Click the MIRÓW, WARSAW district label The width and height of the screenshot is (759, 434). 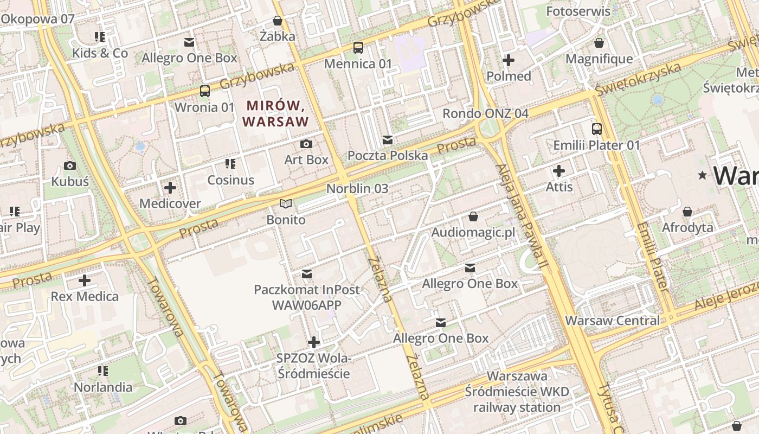[276, 113]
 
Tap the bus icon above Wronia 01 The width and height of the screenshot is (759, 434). [204, 91]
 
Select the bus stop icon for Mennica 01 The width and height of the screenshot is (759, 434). [358, 48]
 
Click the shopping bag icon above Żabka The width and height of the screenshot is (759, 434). [278, 21]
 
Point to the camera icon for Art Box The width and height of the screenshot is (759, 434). [306, 144]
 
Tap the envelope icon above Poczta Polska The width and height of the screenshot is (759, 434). [387, 140]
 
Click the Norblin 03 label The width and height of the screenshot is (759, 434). [357, 189]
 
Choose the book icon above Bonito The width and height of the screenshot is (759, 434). [286, 204]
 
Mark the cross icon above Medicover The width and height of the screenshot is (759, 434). [170, 188]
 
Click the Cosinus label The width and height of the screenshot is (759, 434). [231, 180]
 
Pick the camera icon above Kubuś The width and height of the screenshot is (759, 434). [70, 165]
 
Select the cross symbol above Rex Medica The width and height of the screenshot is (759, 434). [85, 280]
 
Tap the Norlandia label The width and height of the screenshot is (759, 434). [103, 387]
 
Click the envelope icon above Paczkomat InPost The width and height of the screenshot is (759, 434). [307, 273]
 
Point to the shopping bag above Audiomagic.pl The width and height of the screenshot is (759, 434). [473, 216]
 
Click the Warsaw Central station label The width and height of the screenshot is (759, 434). [613, 321]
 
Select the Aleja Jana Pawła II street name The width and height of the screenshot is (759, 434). [520, 217]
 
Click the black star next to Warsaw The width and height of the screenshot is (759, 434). [703, 175]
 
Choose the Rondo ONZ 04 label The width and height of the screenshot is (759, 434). [485, 113]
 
